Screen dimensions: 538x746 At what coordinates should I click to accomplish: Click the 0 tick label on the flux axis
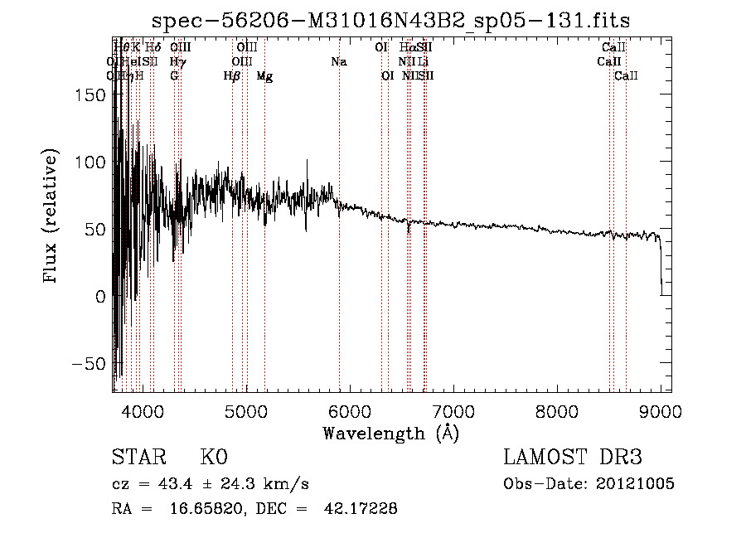click(100, 296)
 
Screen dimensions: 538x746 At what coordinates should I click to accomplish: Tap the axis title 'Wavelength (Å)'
click(391, 433)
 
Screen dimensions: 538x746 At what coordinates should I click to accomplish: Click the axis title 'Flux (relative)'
click(51, 218)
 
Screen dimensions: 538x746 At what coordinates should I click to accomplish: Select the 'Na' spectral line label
click(338, 62)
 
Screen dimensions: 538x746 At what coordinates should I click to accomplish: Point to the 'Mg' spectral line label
click(264, 76)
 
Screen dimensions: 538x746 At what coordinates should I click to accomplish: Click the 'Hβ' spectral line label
click(232, 76)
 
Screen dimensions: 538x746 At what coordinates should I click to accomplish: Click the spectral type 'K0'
click(214, 458)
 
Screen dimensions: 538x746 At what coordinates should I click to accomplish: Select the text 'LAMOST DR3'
click(573, 458)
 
